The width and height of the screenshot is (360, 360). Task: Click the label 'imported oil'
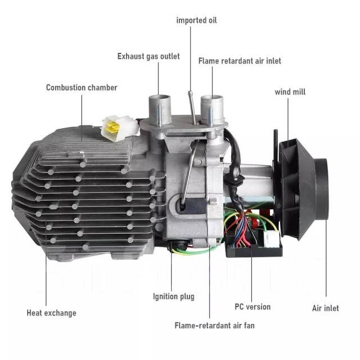[196, 20]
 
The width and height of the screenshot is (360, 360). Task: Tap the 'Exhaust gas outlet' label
[148, 56]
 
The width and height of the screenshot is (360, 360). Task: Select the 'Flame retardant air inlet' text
[240, 61]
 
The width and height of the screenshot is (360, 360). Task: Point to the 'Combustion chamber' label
[82, 88]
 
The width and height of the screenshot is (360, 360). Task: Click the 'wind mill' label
[290, 92]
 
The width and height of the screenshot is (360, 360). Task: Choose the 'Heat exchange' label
[51, 313]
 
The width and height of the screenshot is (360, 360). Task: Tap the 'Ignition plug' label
[174, 296]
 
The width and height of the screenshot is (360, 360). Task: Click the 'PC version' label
[253, 307]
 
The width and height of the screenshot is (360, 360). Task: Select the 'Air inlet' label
[325, 308]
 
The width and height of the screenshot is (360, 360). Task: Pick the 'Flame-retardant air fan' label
[214, 326]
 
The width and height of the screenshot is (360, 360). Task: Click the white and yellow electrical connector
[120, 128]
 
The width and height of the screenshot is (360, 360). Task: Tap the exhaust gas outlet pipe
[160, 109]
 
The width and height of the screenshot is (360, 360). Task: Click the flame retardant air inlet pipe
[211, 109]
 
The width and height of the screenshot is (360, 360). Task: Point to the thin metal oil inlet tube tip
[190, 92]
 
